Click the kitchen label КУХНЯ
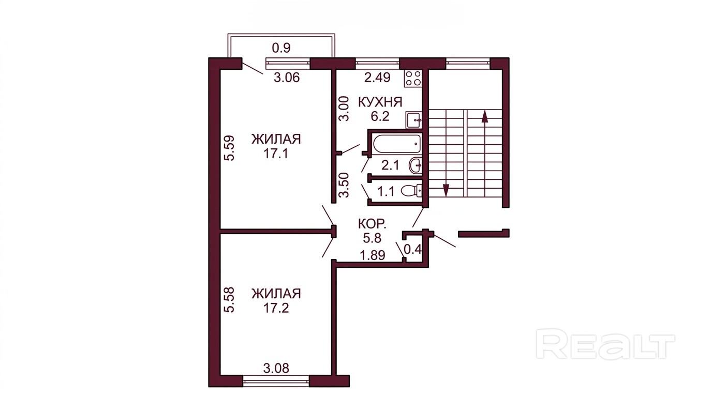click(380, 102)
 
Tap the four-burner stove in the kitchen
click(413, 78)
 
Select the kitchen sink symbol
click(414, 120)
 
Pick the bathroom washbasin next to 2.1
click(416, 165)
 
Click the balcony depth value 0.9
click(281, 48)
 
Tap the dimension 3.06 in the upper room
click(287, 78)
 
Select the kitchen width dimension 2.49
click(377, 78)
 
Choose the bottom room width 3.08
click(276, 368)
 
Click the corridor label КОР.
click(372, 224)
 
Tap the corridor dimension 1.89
click(373, 255)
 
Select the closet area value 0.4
click(412, 250)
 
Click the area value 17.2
click(276, 308)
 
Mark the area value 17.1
click(276, 154)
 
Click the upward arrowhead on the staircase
click(484, 116)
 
